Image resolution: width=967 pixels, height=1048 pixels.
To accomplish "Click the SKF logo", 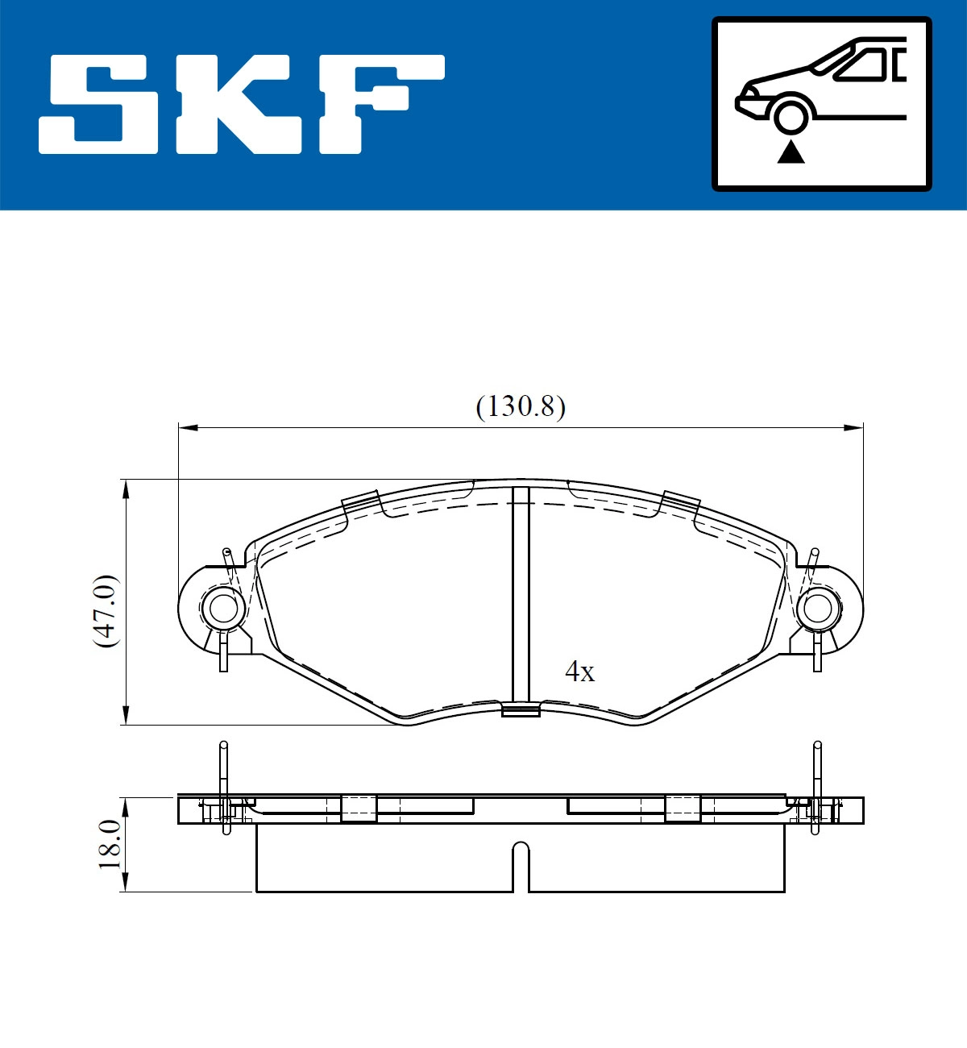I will click(242, 104).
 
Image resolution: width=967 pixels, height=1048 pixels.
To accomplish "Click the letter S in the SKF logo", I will click(99, 104).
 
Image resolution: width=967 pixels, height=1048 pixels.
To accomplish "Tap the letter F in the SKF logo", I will click(379, 104).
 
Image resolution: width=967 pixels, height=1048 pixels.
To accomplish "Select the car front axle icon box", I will click(821, 104).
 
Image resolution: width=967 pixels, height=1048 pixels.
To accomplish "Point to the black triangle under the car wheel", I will click(791, 152).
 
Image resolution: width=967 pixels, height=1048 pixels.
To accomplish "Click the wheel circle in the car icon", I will click(791, 115).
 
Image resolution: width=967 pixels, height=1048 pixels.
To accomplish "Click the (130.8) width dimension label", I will click(521, 405).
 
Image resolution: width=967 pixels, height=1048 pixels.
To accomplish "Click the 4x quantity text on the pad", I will click(579, 671).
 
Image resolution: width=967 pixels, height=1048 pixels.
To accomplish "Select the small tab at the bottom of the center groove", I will click(521, 710).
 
